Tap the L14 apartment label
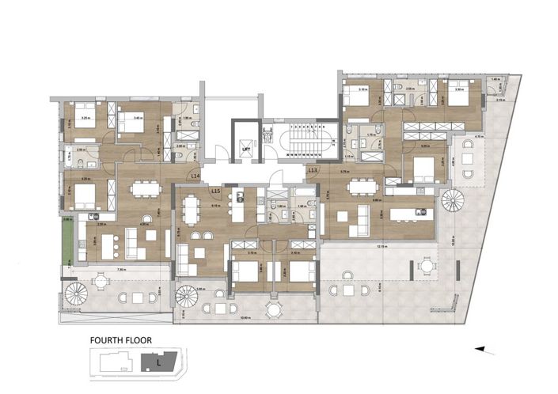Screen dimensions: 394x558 coord(195,176)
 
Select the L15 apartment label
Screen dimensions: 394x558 coord(215,191)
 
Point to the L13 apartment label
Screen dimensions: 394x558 coord(313,170)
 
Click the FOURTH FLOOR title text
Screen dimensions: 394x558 coord(121,342)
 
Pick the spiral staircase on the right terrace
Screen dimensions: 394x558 coord(454,200)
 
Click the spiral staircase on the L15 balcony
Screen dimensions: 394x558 coord(187,297)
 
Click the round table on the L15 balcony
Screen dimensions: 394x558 coord(273,308)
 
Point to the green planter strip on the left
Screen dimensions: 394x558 coord(67,239)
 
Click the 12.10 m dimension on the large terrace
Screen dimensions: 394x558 coord(382,245)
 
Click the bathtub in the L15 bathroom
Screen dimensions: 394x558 coord(304,195)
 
